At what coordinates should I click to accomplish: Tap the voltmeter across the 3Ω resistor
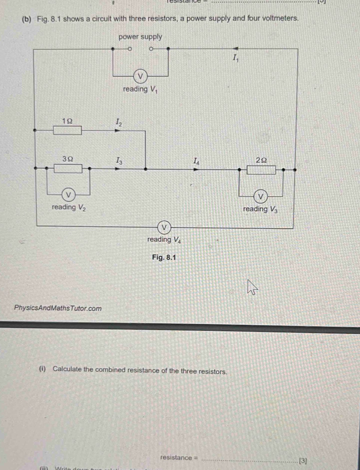tap(69, 194)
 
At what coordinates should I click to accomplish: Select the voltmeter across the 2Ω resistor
tap(260, 195)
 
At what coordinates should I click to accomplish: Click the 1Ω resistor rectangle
tap(68, 131)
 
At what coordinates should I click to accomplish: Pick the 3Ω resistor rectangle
tap(68, 169)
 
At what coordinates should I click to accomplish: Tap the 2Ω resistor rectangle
tap(261, 170)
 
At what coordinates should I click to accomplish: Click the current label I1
tap(236, 59)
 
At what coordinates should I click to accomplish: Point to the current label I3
tap(118, 160)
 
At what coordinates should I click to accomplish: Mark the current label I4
tap(197, 160)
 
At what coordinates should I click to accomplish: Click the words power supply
tap(140, 37)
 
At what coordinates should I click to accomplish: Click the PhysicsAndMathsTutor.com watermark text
tap(58, 308)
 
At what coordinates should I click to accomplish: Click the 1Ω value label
tap(67, 121)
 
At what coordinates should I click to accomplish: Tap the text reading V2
tap(68, 208)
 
